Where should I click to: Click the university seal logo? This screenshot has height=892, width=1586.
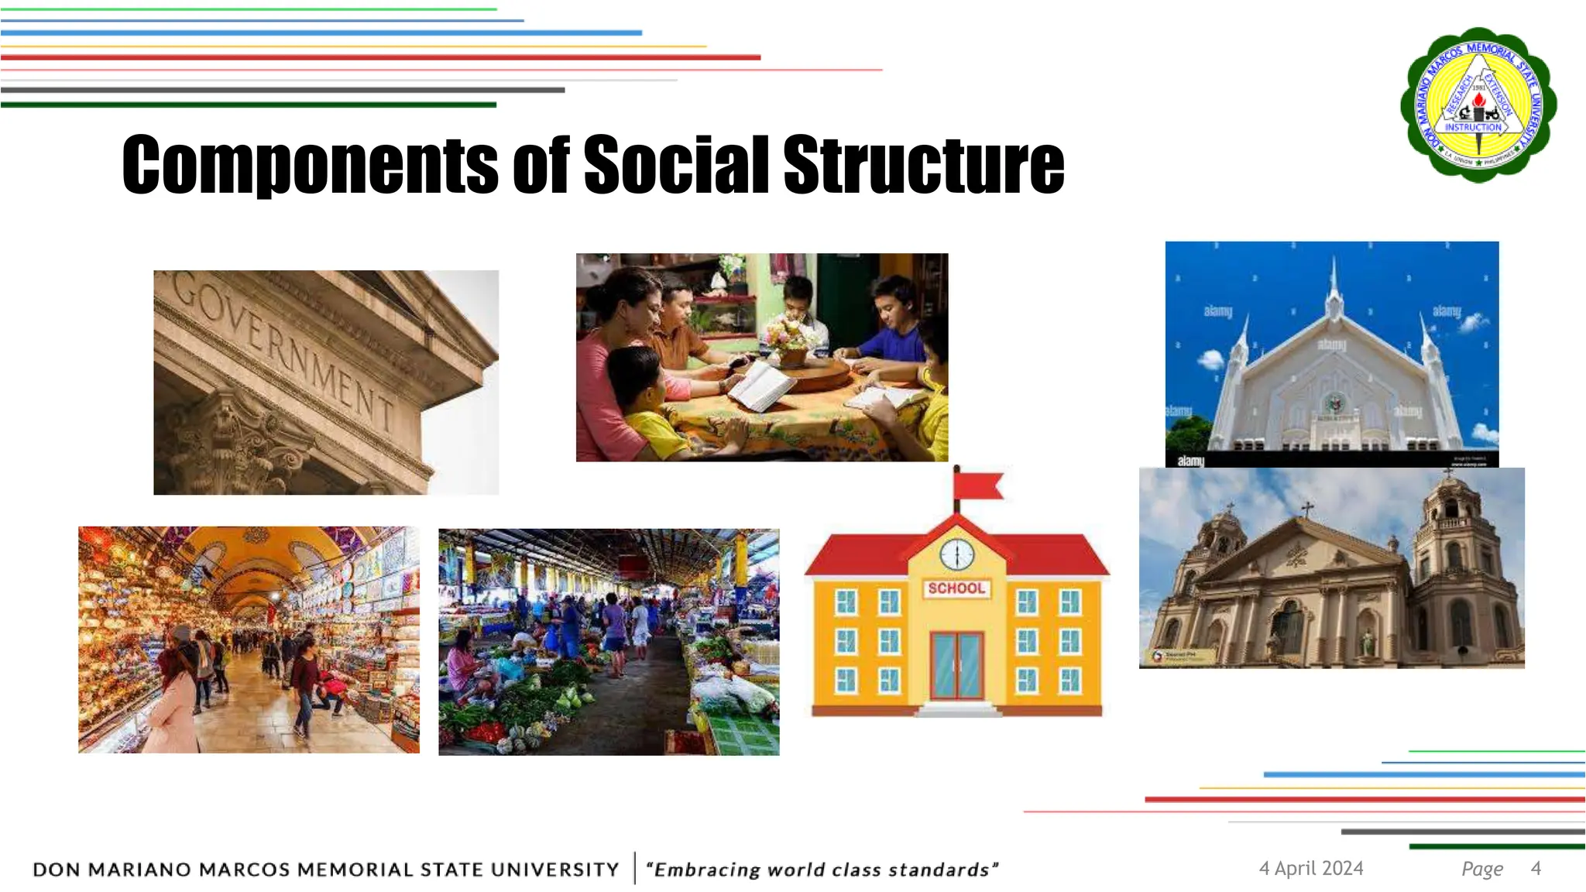(x=1478, y=105)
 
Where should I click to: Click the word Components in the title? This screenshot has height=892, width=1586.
(x=310, y=164)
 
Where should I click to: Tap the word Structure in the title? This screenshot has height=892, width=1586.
(x=923, y=164)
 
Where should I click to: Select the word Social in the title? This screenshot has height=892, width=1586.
(x=676, y=164)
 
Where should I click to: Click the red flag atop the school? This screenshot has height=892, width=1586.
(x=980, y=486)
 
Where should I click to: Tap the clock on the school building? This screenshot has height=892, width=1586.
(x=957, y=554)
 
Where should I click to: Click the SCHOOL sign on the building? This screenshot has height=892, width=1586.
(x=956, y=588)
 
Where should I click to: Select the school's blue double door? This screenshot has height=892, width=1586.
(x=957, y=665)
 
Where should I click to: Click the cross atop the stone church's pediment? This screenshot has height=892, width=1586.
(x=1307, y=509)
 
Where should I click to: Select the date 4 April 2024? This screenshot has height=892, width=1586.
(x=1311, y=869)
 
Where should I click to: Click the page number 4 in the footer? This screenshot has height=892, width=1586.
(x=1536, y=869)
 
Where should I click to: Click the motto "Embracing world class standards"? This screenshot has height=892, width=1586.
(x=822, y=870)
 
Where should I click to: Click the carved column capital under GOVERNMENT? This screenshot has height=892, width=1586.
(x=225, y=434)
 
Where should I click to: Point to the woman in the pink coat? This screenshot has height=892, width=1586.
(x=174, y=705)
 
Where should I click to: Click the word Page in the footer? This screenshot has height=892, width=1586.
(x=1482, y=870)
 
